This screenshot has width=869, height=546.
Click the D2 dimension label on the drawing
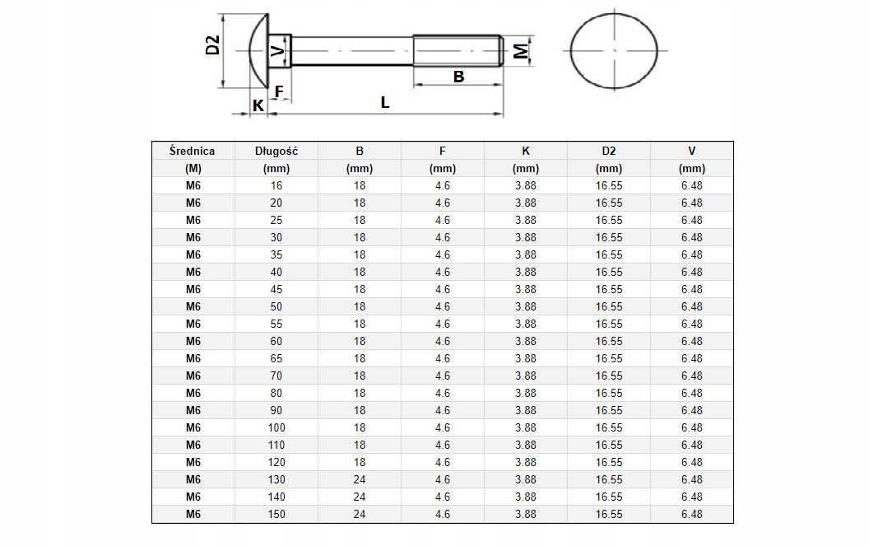tap(212, 45)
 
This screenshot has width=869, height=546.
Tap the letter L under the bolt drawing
tap(384, 103)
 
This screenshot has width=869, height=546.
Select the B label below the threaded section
tap(459, 76)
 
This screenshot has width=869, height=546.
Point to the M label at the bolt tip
tap(520, 51)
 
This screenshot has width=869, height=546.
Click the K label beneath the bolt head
tap(258, 105)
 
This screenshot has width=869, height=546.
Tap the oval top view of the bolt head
tap(614, 49)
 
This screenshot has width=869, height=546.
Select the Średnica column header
tap(193, 151)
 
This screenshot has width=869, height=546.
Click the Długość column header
tap(276, 151)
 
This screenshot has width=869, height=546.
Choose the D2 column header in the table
tap(608, 151)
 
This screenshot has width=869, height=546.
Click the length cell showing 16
tap(276, 185)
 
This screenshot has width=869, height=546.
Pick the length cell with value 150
tap(276, 514)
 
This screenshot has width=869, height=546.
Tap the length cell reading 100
tap(276, 427)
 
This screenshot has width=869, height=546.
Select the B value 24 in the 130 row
tap(360, 479)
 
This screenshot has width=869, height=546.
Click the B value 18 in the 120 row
tap(360, 462)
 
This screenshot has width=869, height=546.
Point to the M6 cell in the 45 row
tap(193, 289)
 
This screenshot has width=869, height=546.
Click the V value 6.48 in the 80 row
tap(691, 393)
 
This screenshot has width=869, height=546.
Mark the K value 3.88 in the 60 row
tap(525, 341)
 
